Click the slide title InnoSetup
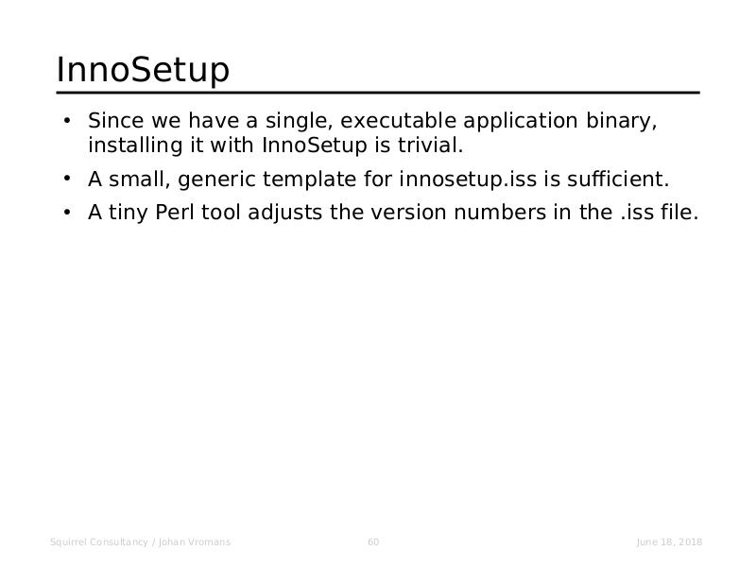pyautogui.click(x=143, y=70)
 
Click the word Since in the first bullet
pyautogui.click(x=115, y=121)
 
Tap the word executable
pyautogui.click(x=398, y=121)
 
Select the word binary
pyautogui.click(x=622, y=122)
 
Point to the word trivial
pyautogui.click(x=430, y=146)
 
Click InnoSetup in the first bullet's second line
pyautogui.click(x=315, y=146)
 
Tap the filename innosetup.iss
pyautogui.click(x=468, y=180)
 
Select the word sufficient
pyautogui.click(x=618, y=180)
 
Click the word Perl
pyautogui.click(x=174, y=212)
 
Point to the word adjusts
pyautogui.click(x=285, y=214)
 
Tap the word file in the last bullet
pyautogui.click(x=679, y=212)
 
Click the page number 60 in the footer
pyautogui.click(x=373, y=541)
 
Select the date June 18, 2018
pyautogui.click(x=669, y=541)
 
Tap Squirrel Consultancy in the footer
pyautogui.click(x=99, y=542)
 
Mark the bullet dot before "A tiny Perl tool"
pyautogui.click(x=67, y=212)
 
